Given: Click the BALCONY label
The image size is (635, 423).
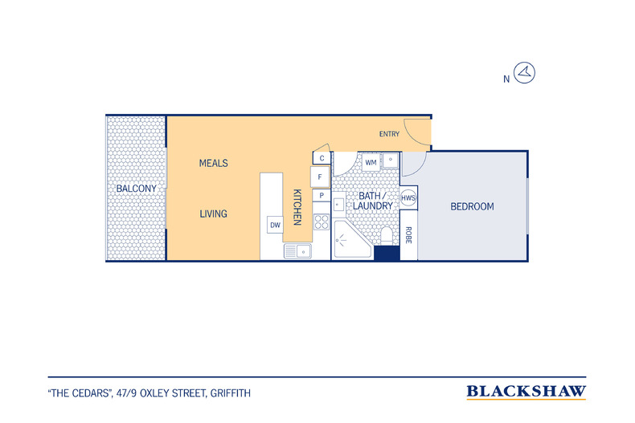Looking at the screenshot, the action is pos(136,189).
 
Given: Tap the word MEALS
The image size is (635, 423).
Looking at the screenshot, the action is pos(214,164).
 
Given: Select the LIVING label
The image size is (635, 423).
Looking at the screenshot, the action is pos(214,214).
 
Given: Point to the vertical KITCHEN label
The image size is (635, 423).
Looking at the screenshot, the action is pos(297,207).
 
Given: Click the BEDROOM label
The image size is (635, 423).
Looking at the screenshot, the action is pos(472,206).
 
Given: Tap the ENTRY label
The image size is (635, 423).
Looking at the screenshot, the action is pos(389,134).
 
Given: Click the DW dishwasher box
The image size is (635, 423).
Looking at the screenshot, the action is pos(275,225).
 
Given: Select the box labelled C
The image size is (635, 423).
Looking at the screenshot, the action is pos(322,158).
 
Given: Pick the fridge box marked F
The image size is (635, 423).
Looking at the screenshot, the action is pos(321,177).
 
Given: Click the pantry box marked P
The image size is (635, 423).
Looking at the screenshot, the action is pos(322,195).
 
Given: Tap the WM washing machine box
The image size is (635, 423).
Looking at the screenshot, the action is pos(371,163).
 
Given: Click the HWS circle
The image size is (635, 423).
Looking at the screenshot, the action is pos(408,197).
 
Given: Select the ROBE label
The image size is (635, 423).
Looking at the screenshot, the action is pos(408,235).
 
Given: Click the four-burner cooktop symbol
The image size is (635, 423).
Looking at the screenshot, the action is pos(322,222).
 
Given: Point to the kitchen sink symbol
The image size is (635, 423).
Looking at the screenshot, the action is pos(297,251).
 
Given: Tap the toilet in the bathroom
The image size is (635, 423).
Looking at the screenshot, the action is pos(387,236).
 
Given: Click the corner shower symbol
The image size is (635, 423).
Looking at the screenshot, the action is pos(351,240).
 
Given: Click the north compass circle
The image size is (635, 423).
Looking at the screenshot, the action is pos(524,73).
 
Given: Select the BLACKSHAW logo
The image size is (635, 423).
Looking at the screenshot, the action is pos(526,392).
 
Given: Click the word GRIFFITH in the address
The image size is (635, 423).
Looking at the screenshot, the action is pos(231,393).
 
